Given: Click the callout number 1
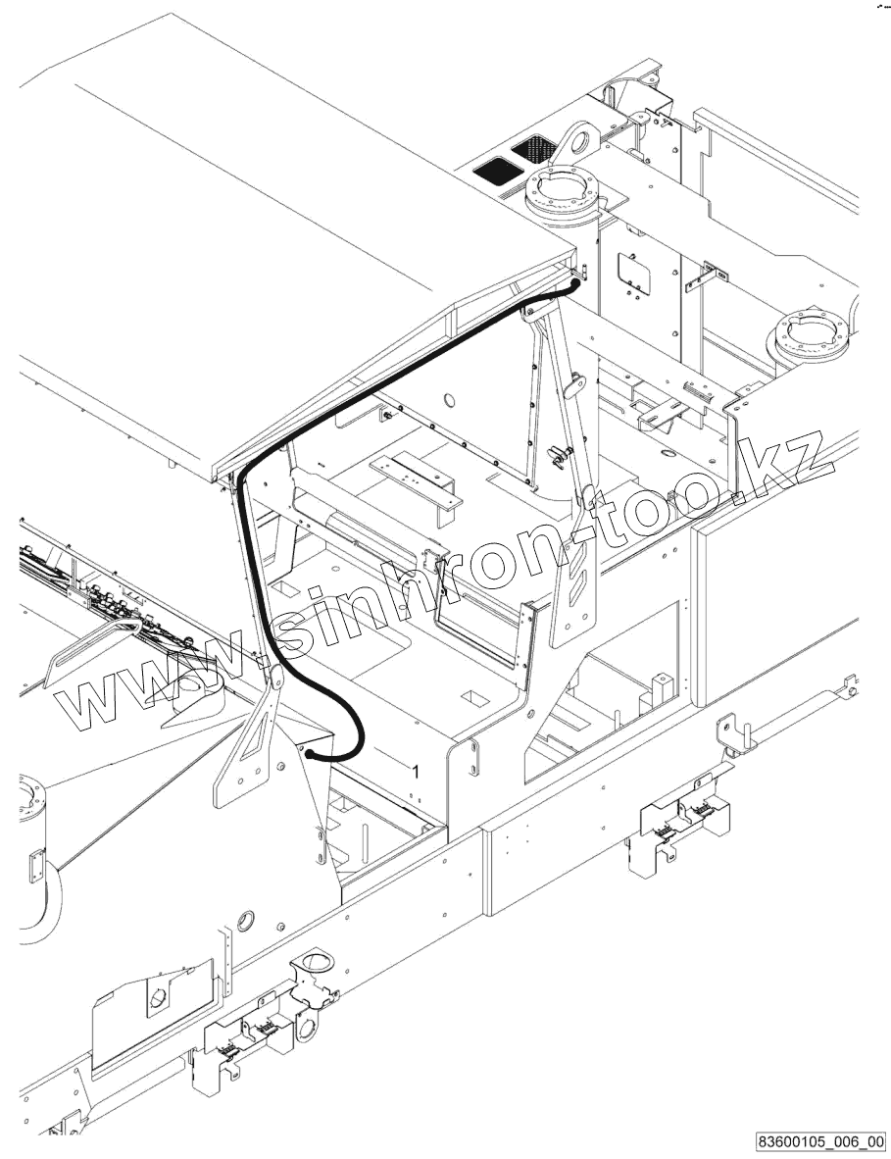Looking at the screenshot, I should click(x=415, y=772).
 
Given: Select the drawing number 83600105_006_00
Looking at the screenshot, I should click(x=820, y=1141).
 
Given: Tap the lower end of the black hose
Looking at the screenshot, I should click(x=309, y=755).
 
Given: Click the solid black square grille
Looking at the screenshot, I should click(x=494, y=169).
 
